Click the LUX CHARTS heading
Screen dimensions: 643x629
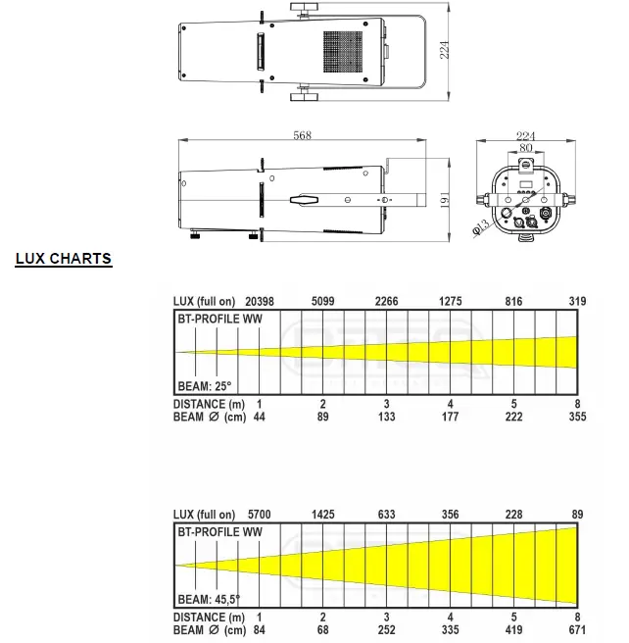point(64,260)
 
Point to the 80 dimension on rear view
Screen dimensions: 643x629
point(526,149)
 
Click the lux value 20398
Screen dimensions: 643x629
point(260,301)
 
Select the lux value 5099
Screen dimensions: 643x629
point(323,301)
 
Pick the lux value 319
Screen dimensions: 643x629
point(577,301)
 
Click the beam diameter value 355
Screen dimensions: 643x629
point(577,417)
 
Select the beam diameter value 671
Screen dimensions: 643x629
point(577,629)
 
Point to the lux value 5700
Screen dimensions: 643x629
point(260,514)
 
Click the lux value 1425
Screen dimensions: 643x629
point(323,514)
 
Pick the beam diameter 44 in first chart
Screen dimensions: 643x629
point(260,417)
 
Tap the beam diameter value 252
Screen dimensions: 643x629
point(387,629)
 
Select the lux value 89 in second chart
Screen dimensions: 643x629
point(577,514)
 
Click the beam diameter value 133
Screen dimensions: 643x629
point(387,417)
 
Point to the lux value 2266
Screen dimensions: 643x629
point(387,301)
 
